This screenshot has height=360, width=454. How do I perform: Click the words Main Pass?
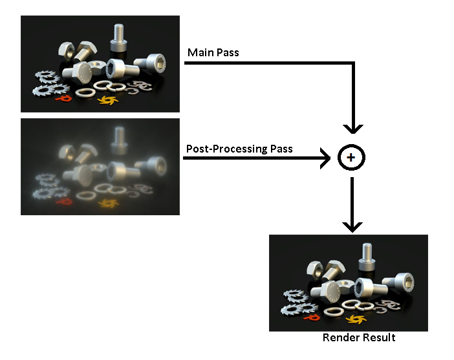coord(213,52)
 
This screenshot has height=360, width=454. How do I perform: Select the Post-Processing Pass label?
coord(239,149)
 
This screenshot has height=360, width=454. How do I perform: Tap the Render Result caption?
coord(359,337)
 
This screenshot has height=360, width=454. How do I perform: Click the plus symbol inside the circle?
coord(351,158)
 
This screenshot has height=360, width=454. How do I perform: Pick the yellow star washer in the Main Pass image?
coord(106,99)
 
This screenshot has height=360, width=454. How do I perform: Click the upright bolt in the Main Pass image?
coord(119,38)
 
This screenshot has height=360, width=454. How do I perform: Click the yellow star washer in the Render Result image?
coord(354,318)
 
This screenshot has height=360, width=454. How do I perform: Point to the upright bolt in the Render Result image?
coord(367,257)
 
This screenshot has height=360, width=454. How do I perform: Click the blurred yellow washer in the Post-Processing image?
coord(106,202)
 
